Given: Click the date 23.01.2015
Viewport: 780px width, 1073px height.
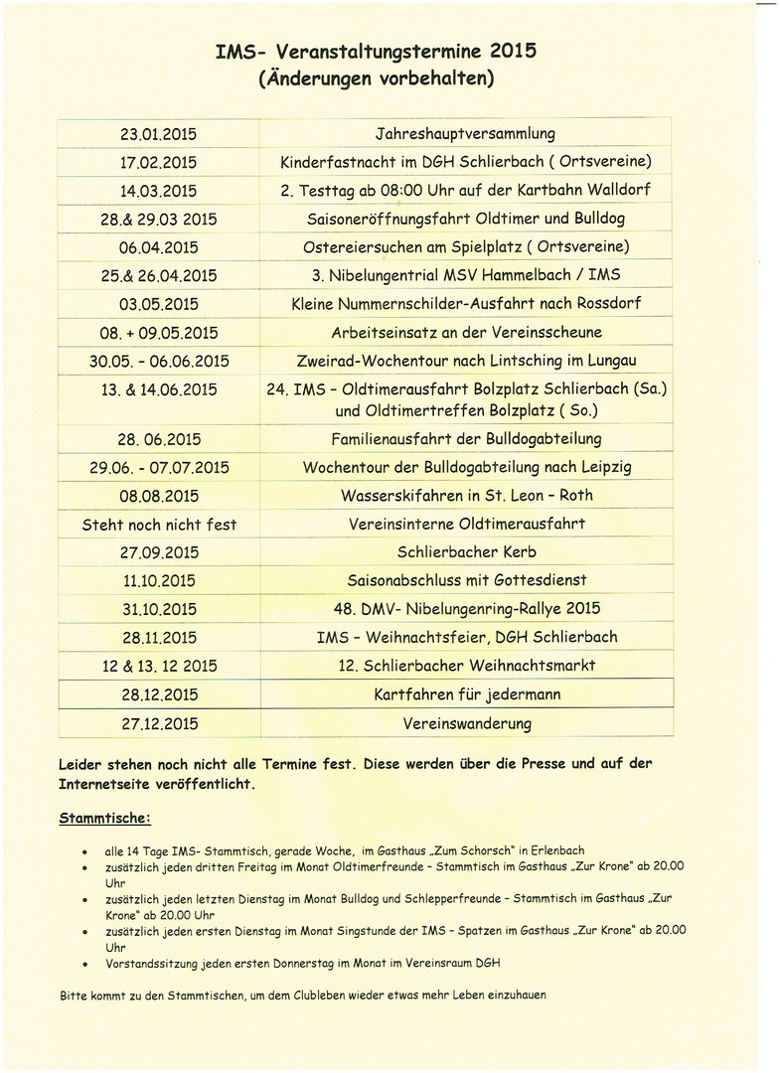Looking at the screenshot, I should click(x=158, y=133).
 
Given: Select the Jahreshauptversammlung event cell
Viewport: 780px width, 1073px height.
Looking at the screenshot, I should click(x=466, y=133).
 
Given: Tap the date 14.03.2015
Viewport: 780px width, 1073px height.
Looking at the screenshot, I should click(x=158, y=190).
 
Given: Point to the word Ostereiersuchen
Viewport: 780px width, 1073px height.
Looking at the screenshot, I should click(x=367, y=246).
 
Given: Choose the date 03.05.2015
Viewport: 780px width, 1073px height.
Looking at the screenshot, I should click(x=158, y=303).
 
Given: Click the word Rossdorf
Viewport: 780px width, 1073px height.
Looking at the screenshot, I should click(x=600, y=303).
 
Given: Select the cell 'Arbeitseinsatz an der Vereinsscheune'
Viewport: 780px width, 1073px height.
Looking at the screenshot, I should click(x=466, y=333).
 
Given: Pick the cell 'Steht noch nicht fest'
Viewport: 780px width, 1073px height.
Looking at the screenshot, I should click(x=159, y=524).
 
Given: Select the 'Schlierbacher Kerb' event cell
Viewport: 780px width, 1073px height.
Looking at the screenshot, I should click(x=466, y=551).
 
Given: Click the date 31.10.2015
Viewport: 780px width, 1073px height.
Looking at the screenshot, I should click(x=158, y=608).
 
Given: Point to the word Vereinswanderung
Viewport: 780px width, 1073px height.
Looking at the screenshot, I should click(x=466, y=722).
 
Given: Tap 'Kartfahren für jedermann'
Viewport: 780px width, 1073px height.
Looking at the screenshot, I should click(x=466, y=693).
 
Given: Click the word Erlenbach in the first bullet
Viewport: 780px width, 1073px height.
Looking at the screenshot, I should click(x=555, y=850).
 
